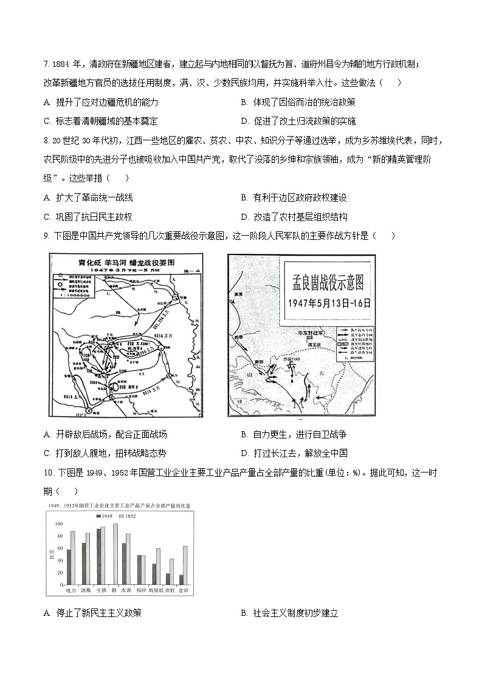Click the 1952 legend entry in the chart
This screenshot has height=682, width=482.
tap(127, 516)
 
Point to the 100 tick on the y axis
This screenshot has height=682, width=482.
tap(59, 524)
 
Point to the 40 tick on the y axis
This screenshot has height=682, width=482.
tap(59, 561)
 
